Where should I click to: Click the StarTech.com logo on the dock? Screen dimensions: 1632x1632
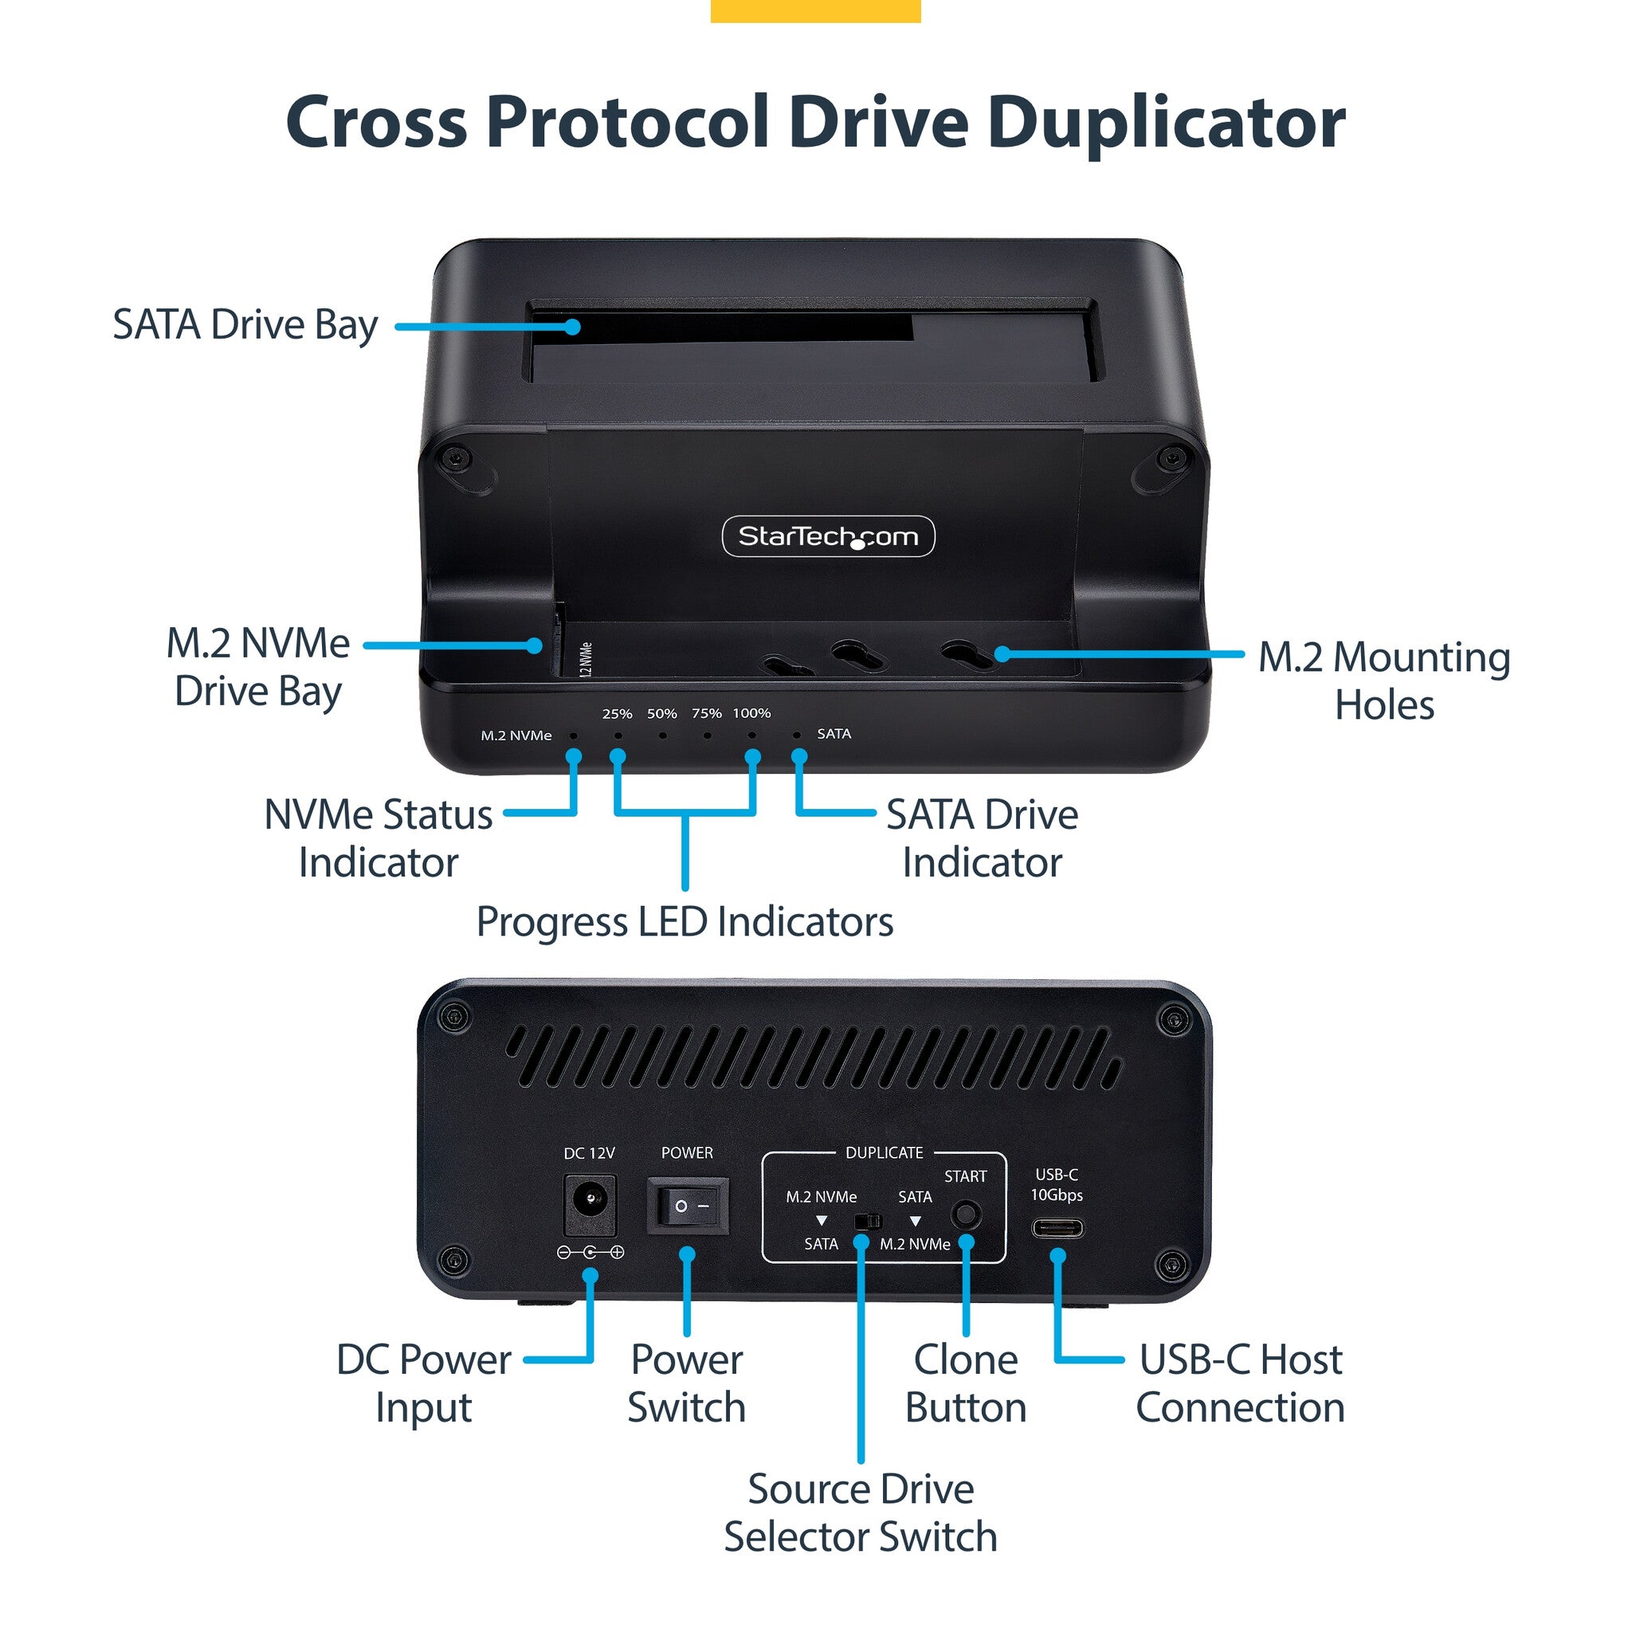[x=828, y=536]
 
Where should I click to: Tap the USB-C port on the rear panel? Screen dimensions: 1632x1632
[x=1057, y=1228]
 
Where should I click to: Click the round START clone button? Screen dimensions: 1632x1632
[x=966, y=1214]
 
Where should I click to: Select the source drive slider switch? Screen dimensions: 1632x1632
[x=869, y=1222]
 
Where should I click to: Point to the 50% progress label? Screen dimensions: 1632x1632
[x=662, y=714]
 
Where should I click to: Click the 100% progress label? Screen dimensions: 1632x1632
[x=751, y=714]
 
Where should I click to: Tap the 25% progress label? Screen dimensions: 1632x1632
[x=618, y=714]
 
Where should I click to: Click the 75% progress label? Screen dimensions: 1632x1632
[x=707, y=714]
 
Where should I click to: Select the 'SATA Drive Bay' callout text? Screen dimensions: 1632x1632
[x=245, y=325]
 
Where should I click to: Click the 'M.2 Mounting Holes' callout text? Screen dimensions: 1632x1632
[x=1384, y=681]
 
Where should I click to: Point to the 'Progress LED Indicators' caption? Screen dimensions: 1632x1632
[x=685, y=922]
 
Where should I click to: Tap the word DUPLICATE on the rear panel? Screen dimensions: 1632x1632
[x=885, y=1153]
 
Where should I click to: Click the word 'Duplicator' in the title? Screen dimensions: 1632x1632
[x=1167, y=123]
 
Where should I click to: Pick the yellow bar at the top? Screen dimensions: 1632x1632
[x=816, y=11]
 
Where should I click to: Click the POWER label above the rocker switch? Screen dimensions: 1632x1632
[x=687, y=1153]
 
